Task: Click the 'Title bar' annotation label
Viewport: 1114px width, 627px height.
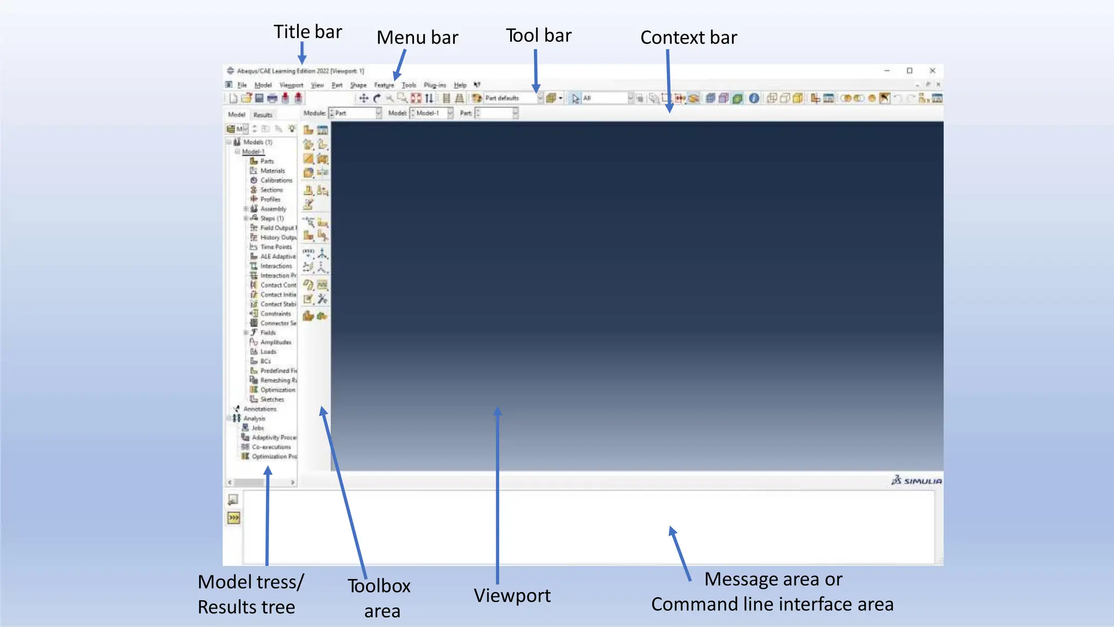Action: (307, 32)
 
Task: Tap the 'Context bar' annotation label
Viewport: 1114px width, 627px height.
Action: (688, 37)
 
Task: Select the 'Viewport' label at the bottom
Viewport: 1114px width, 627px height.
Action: (512, 595)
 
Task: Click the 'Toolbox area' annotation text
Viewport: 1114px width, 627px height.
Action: (380, 598)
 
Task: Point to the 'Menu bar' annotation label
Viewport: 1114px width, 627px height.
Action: (417, 37)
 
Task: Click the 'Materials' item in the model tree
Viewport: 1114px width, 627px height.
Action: (272, 171)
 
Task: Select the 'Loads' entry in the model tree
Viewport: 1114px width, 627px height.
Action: (268, 352)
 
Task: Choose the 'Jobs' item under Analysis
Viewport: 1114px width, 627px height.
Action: (257, 428)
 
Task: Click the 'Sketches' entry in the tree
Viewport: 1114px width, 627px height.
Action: (271, 399)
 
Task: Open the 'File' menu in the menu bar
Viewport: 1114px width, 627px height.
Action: (242, 85)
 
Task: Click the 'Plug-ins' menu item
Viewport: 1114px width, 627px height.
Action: (434, 85)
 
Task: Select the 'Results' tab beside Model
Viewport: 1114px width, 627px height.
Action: (262, 115)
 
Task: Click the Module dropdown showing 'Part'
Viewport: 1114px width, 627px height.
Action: (355, 113)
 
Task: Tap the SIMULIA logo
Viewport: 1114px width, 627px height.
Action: (917, 481)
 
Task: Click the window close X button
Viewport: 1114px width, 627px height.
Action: (932, 71)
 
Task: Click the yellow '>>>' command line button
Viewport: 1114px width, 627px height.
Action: (233, 518)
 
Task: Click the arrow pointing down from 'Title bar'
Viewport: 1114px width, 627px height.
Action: (302, 53)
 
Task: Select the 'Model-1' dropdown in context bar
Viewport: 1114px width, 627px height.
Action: (431, 113)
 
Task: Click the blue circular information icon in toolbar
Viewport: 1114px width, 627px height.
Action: (754, 99)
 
